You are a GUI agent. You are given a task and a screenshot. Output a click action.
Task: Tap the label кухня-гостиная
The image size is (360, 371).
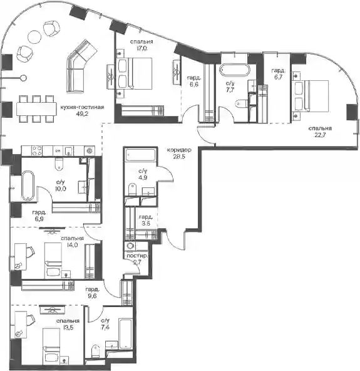click(82, 107)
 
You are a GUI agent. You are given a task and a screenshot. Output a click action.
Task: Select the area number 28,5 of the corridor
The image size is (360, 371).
click(179, 157)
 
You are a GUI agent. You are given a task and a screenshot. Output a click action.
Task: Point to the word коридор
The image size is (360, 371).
click(179, 150)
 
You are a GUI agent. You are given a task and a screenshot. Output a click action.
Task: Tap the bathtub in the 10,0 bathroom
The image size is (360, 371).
click(28, 186)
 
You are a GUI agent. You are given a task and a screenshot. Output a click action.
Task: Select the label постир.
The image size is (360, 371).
click(137, 256)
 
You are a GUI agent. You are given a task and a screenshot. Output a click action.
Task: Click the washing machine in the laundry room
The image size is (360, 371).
click(130, 246)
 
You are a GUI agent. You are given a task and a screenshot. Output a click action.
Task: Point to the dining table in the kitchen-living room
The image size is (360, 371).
click(36, 109)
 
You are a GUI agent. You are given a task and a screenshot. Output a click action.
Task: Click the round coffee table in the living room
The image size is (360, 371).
click(34, 36)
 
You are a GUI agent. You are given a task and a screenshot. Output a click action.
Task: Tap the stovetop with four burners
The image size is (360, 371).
click(37, 150)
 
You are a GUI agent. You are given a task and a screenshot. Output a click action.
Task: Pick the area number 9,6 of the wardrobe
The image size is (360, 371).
click(91, 296)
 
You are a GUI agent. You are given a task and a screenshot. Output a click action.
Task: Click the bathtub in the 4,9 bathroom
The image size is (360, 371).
click(140, 155)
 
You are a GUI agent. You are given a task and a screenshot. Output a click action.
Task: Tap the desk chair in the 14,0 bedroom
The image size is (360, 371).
click(30, 252)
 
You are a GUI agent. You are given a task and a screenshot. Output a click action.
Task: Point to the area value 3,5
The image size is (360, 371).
click(146, 223)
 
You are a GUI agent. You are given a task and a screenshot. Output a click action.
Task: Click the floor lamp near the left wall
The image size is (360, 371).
click(23, 78)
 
